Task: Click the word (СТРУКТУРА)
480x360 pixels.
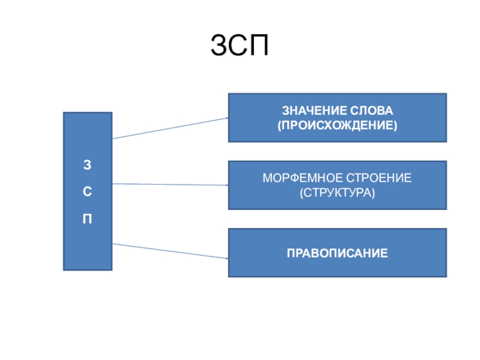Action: click(x=337, y=193)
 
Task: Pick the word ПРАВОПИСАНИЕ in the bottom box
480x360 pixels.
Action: click(x=337, y=252)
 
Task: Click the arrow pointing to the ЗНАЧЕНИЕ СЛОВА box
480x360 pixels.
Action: click(x=169, y=128)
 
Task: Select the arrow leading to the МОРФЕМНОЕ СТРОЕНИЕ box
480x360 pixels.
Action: click(x=169, y=185)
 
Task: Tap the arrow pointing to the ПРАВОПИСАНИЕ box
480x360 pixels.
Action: click(x=169, y=251)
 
